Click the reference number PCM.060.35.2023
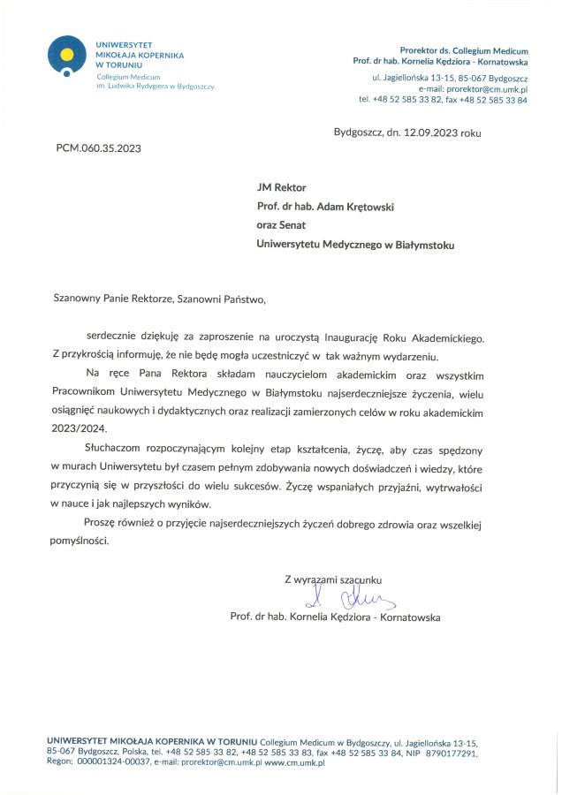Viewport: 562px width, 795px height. (x=98, y=148)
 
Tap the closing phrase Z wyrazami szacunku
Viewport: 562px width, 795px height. (x=332, y=579)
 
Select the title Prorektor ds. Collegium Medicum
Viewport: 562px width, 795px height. (x=464, y=50)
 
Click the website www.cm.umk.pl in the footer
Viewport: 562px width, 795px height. (x=294, y=762)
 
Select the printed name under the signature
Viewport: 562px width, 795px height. (x=334, y=617)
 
